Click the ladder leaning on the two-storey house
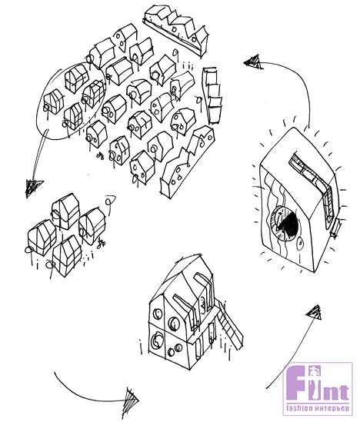pyautogui.click(x=230, y=325)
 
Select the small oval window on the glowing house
pyautogui.click(x=301, y=244)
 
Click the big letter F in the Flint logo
pyautogui.click(x=298, y=382)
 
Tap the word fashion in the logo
pyautogui.click(x=299, y=408)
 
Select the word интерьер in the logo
pyautogui.click(x=332, y=408)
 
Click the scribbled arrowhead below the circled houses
pyautogui.click(x=33, y=188)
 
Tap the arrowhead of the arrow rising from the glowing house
pyautogui.click(x=254, y=63)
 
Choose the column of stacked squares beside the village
pyautogui.click(x=213, y=95)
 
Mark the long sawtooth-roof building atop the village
pyautogui.click(x=176, y=28)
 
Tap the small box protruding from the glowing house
pyautogui.click(x=335, y=228)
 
